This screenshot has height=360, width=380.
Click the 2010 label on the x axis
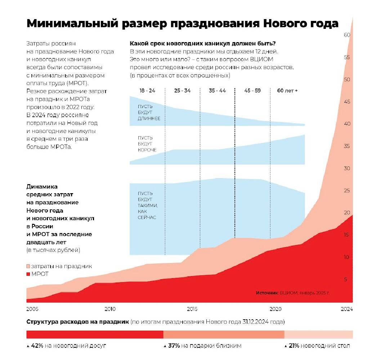[110, 309]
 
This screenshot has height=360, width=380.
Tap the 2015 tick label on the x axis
[192, 309]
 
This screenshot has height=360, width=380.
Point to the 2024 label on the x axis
[347, 309]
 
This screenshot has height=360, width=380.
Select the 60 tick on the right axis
[347, 35]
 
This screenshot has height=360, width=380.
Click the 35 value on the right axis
[347, 146]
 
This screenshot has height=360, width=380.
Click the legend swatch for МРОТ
[28, 274]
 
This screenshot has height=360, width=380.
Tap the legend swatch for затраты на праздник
[28, 266]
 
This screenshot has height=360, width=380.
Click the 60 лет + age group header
[287, 90]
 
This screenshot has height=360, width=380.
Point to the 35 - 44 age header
[217, 90]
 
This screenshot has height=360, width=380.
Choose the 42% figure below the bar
[37, 346]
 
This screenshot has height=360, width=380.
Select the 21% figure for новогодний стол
[294, 346]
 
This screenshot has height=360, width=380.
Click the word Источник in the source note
[267, 293]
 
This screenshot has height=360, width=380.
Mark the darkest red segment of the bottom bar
[95, 335]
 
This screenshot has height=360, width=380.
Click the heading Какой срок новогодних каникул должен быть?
[202, 44]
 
